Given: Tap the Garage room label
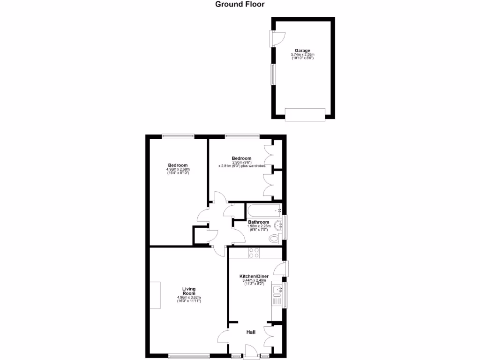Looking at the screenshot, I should point(302,51).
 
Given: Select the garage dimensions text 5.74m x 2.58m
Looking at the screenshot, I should point(302,54).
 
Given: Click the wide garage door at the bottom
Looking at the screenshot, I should point(305,114).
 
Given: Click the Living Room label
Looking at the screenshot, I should point(189,291).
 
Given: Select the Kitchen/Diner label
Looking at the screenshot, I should point(254,277).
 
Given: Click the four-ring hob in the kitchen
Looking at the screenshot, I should point(254,253).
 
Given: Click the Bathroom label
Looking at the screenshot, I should point(258,222).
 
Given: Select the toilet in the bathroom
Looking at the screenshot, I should point(275,239).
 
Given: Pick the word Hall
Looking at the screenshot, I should point(251,332).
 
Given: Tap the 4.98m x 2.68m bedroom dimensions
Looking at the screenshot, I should point(178,169).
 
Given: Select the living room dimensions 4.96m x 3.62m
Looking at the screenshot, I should point(189,298).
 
